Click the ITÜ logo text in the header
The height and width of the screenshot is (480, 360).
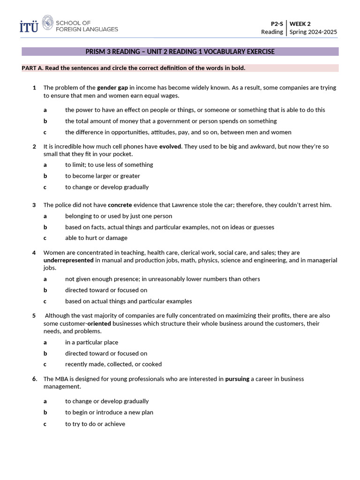coord(29,26)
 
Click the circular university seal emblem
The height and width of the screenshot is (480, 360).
coord(48,23)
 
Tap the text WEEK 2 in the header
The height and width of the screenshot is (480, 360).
coord(300,23)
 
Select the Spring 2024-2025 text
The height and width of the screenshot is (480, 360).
coord(313,32)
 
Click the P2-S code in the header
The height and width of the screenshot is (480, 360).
coord(277,23)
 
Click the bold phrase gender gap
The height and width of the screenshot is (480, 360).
coord(112,88)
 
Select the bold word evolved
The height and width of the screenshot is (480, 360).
coord(170,146)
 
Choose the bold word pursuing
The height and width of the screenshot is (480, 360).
coord(237,379)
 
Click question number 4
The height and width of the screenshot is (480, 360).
coord(34,253)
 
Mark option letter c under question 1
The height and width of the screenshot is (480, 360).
coord(45,132)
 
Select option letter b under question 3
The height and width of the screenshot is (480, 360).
coord(45,227)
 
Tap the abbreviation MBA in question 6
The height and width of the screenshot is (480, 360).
coord(61,379)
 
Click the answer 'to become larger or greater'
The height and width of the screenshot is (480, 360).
coord(103,176)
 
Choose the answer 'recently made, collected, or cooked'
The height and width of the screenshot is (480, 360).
coord(113,364)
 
